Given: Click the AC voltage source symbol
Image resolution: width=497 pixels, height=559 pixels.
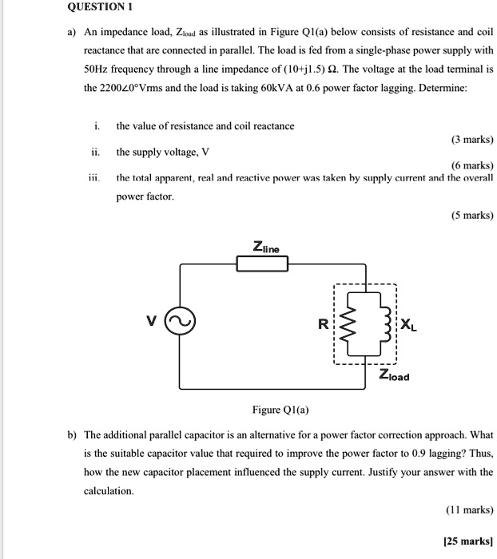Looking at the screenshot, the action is point(179,321).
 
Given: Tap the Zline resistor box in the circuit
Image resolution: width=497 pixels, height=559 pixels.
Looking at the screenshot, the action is point(261,262).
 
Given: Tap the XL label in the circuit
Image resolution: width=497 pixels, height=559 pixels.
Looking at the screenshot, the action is point(407,325).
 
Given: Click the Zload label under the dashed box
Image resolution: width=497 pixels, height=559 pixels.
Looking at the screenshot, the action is point(395,375).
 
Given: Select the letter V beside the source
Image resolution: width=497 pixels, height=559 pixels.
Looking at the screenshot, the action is point(150,321).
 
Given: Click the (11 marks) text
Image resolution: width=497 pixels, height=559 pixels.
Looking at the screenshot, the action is point(469,509).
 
